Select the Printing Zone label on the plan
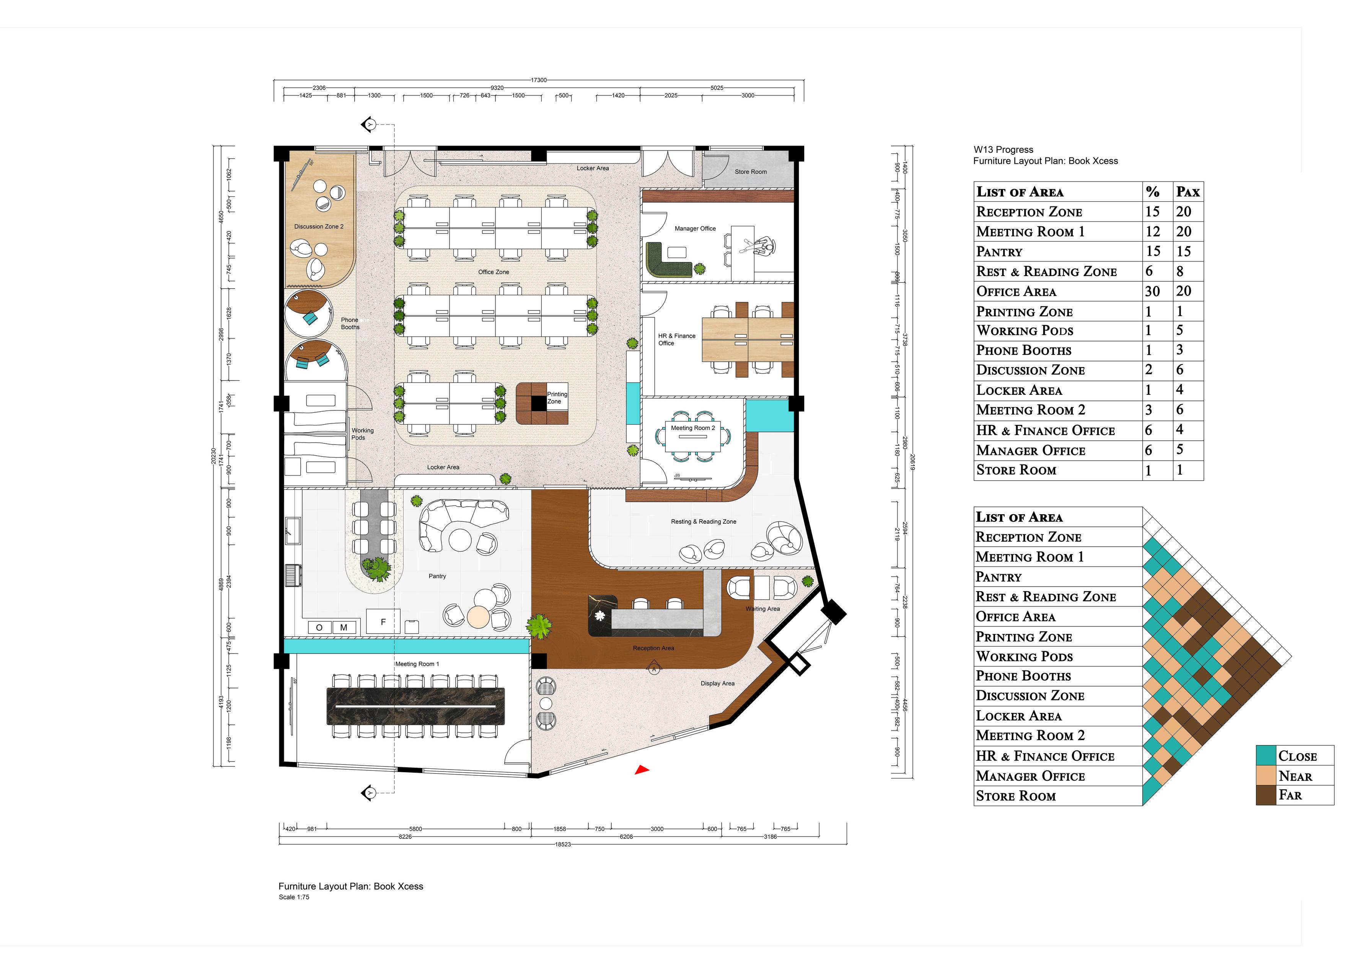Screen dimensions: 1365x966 click(557, 397)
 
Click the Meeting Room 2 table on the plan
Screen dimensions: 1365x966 click(692, 440)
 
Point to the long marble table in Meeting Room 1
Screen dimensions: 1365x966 click(415, 706)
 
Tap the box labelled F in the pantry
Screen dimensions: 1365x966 click(383, 621)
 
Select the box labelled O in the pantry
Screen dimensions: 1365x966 click(319, 628)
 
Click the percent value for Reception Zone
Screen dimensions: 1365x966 click(1152, 211)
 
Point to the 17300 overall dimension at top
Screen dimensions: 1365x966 click(539, 80)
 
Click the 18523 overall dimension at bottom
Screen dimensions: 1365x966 click(562, 844)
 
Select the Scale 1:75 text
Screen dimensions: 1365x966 click(294, 897)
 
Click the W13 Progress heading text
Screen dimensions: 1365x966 click(1003, 150)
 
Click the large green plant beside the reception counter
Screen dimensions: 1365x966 click(539, 626)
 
